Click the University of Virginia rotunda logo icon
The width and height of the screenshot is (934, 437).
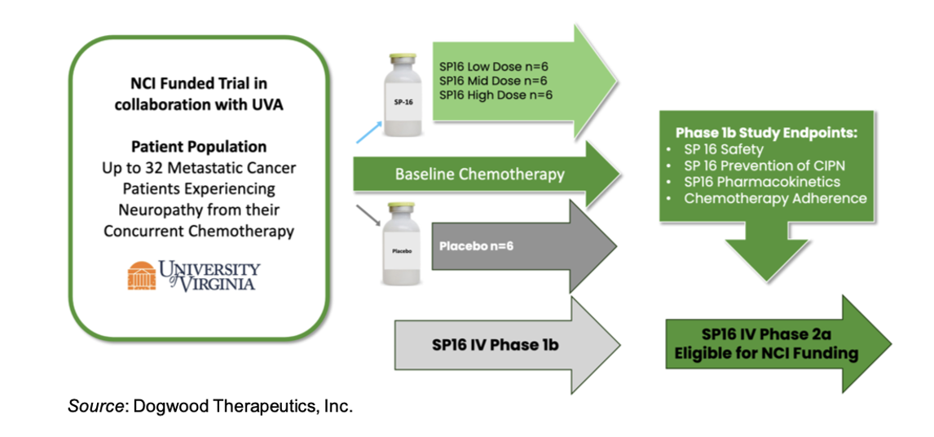pos(141,276)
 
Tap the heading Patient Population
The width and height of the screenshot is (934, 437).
pos(199,147)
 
